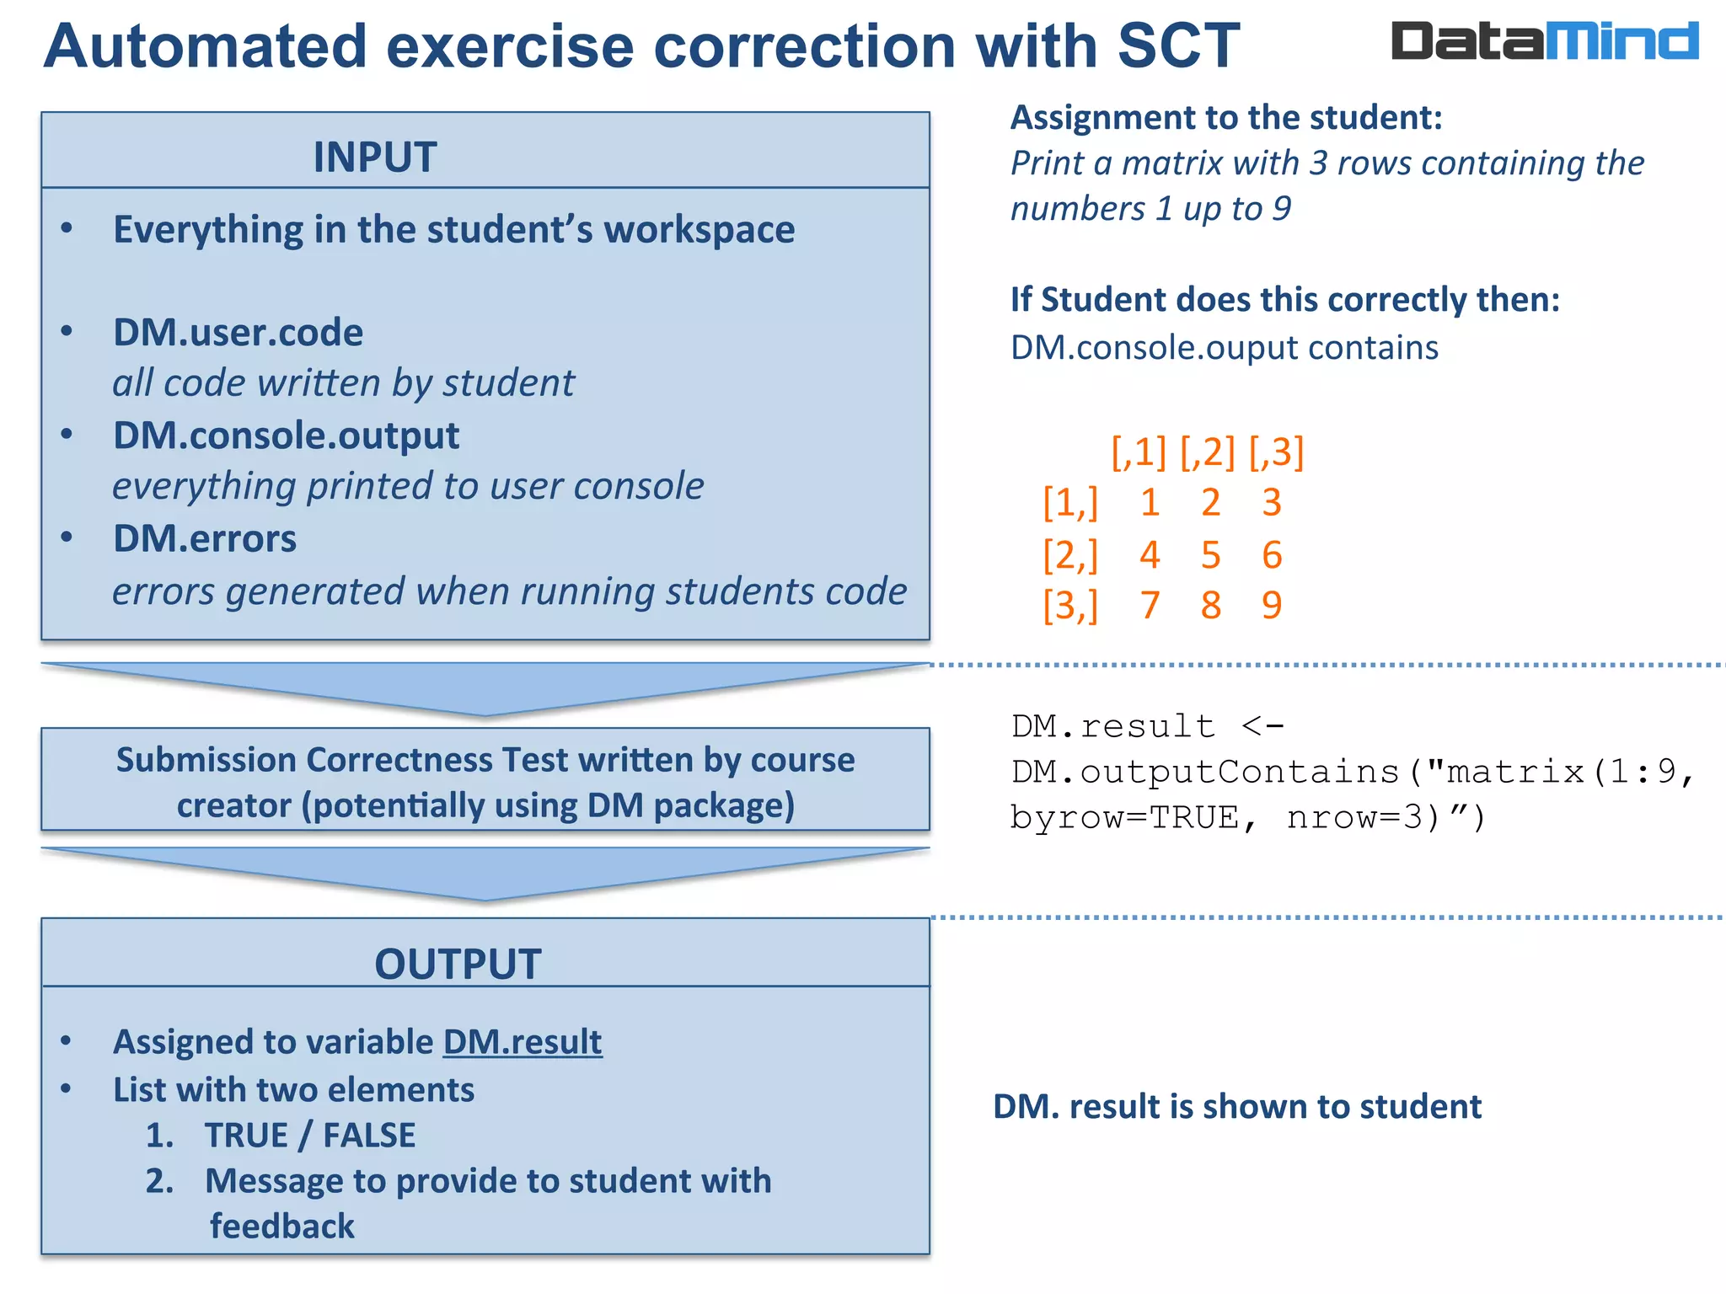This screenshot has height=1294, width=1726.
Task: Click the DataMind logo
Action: pos(1544,41)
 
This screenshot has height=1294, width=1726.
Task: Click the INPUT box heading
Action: pos(375,157)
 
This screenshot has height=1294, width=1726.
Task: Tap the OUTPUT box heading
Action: pos(458,964)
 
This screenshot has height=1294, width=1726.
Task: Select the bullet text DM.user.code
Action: pos(239,332)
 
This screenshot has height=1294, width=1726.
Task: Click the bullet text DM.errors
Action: pos(205,538)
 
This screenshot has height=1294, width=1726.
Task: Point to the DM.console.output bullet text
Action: pos(287,436)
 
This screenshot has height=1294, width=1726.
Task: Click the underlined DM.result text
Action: pos(523,1042)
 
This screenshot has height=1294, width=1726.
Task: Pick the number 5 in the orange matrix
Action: pos(1210,554)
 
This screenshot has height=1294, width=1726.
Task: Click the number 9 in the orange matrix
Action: pos(1272,605)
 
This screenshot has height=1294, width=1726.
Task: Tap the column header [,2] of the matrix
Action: pos(1207,452)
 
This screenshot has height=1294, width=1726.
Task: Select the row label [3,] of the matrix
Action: pos(1070,605)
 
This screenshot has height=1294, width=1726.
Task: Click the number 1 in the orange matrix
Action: pos(1150,503)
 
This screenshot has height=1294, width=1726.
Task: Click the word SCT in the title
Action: pos(1178,45)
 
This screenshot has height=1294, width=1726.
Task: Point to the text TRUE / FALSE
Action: pos(310,1136)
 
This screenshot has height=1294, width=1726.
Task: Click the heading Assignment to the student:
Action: pos(1226,117)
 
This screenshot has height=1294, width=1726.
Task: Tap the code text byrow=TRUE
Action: pos(1124,817)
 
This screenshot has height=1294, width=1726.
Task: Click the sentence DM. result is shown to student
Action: pos(1236,1106)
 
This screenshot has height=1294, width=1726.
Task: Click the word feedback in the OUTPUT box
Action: pos(282,1227)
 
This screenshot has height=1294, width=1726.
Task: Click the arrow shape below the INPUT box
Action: pos(485,687)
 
